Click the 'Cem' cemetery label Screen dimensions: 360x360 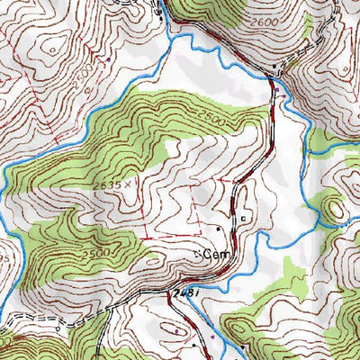tap(215, 256)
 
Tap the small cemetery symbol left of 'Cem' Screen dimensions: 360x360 tap(200, 255)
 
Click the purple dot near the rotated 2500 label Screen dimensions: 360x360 tap(108, 60)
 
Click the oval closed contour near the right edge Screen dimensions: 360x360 tap(337, 209)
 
